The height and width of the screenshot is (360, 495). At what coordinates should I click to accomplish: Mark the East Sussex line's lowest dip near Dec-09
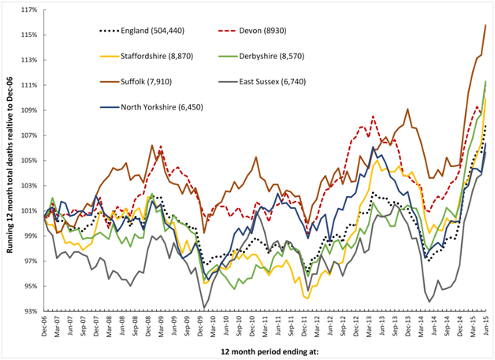click(204, 308)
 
